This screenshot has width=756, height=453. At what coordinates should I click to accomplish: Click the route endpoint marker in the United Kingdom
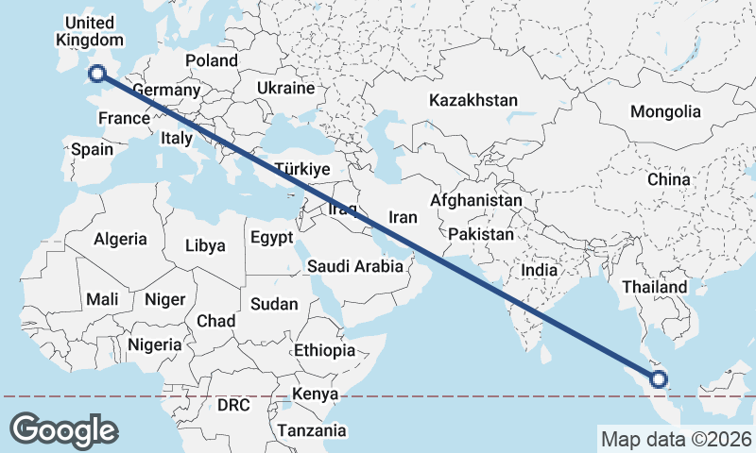(x=95, y=74)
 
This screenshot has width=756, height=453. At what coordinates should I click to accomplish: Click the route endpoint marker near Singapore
(x=659, y=381)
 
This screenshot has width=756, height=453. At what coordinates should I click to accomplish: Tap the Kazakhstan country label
(x=473, y=100)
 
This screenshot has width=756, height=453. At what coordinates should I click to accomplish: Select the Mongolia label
(x=666, y=111)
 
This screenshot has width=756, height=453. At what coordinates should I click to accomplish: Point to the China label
(x=669, y=178)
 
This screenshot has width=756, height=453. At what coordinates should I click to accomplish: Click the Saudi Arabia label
(x=355, y=267)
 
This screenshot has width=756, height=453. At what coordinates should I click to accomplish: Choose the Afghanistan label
(x=476, y=201)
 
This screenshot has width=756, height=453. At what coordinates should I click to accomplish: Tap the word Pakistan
(x=482, y=234)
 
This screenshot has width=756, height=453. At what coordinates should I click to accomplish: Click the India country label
(x=540, y=270)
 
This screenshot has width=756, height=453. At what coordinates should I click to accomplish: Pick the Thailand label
(x=655, y=287)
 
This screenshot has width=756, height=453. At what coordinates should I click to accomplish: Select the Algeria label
(x=120, y=240)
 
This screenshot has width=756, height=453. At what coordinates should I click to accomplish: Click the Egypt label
(x=272, y=238)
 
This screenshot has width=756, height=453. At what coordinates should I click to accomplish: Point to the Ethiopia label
(x=324, y=350)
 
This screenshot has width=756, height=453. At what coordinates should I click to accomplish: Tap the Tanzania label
(x=312, y=430)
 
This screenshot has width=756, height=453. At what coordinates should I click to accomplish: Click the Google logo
(x=63, y=429)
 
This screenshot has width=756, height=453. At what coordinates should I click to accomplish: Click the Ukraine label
(x=285, y=88)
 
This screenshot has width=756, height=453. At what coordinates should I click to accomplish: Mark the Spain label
(x=92, y=149)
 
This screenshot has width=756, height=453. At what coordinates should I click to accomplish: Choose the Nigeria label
(x=154, y=344)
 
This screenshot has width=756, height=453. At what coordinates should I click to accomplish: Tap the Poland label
(x=212, y=60)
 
